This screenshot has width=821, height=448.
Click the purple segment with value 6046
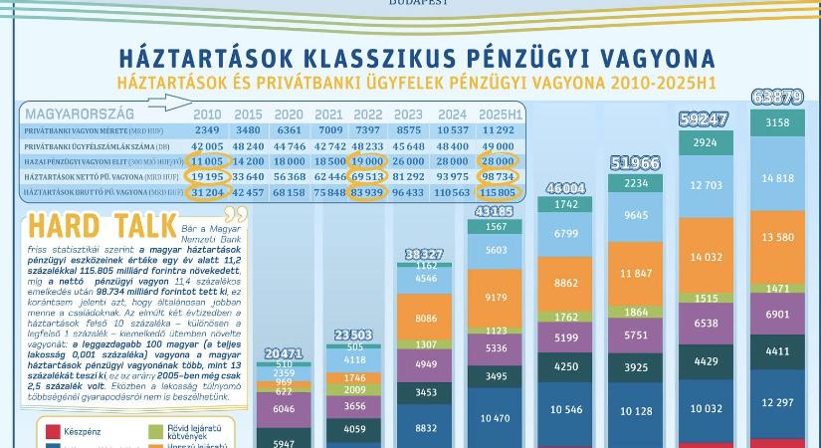click(284, 409)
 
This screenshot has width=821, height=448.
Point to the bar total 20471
click(284, 352)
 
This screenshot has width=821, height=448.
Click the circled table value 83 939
click(367, 192)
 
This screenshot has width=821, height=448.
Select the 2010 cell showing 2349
click(207, 130)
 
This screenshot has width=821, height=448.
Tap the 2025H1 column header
click(501, 114)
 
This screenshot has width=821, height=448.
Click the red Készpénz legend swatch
click(54, 432)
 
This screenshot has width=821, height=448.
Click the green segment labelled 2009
click(355, 390)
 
